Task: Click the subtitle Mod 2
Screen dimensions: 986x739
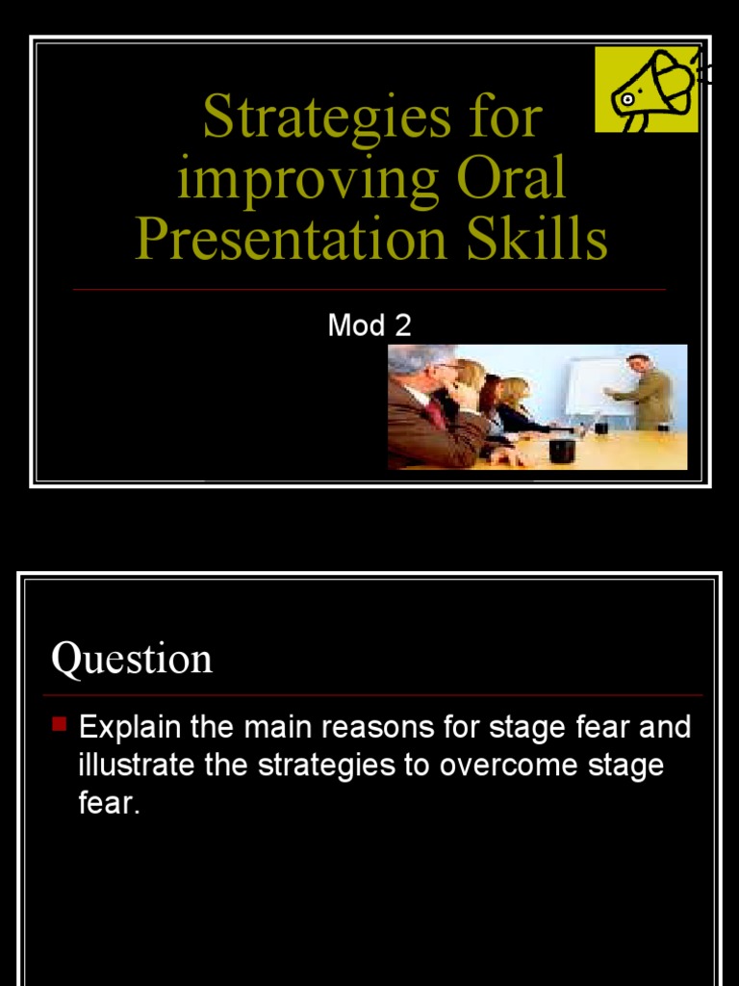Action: pyautogui.click(x=369, y=325)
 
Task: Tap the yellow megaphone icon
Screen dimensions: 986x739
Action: pyautogui.click(x=645, y=90)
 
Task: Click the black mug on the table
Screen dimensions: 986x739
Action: pyautogui.click(x=562, y=450)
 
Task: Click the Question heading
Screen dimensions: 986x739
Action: pyautogui.click(x=132, y=660)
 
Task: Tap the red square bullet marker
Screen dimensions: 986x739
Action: pyautogui.click(x=59, y=724)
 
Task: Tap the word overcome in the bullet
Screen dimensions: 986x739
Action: pyautogui.click(x=505, y=765)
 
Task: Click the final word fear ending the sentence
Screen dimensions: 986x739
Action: pyautogui.click(x=107, y=804)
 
